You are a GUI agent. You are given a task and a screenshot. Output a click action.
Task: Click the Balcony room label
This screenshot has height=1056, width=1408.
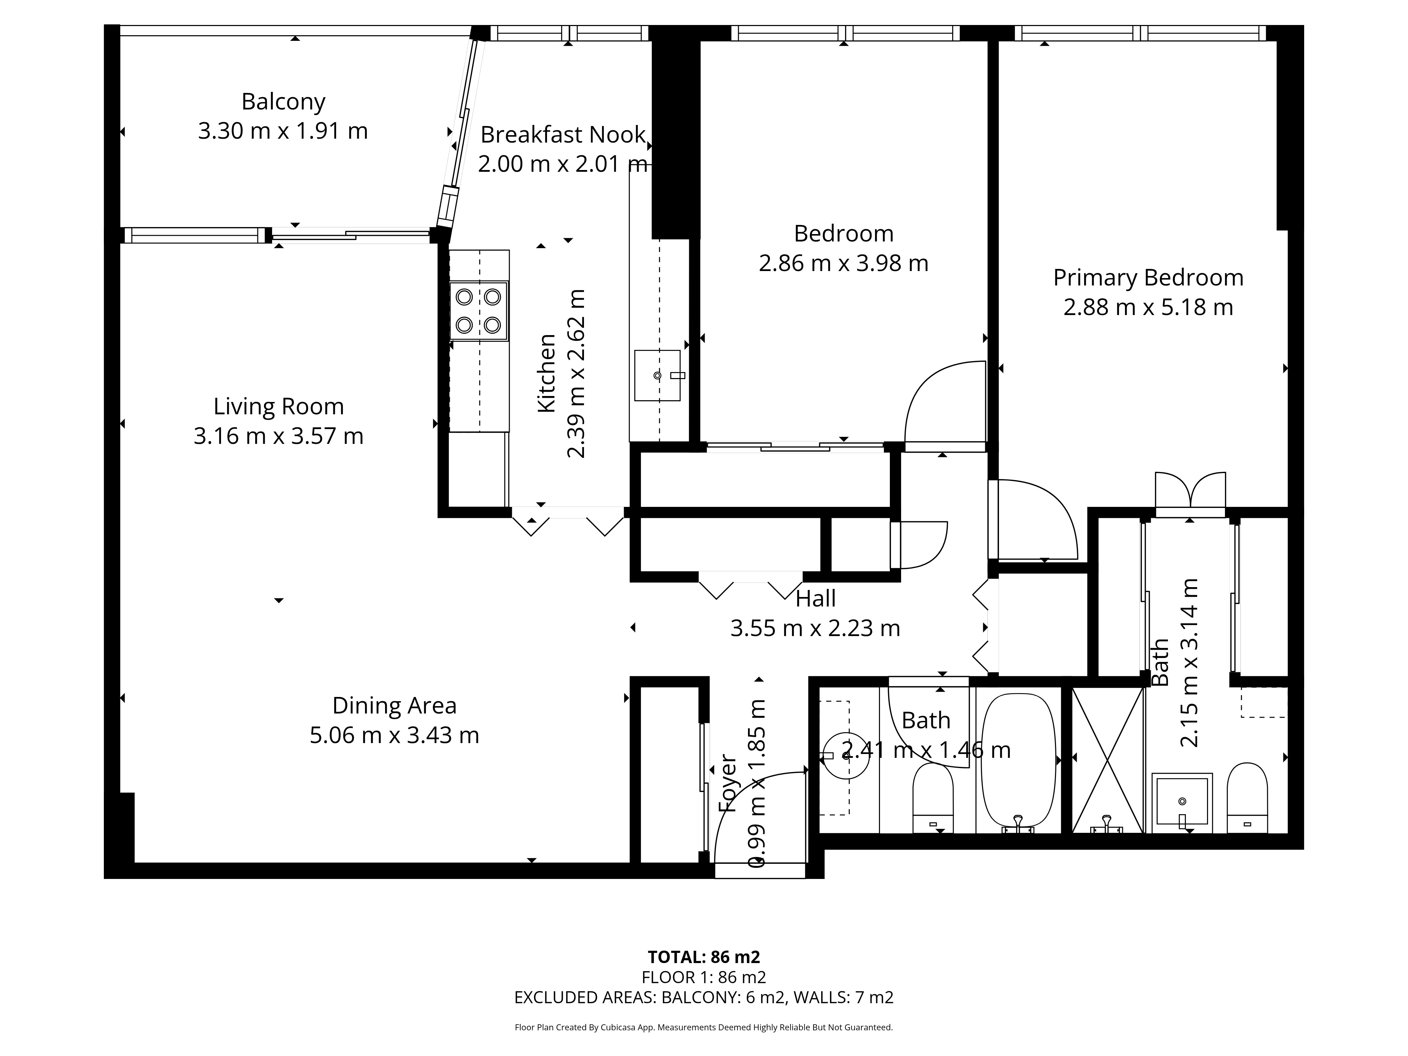[x=283, y=102]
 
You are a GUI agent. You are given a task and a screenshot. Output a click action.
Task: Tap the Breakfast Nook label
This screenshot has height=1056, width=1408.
[x=563, y=135]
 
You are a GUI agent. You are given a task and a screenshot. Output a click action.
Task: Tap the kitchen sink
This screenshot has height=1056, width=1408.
[x=658, y=376]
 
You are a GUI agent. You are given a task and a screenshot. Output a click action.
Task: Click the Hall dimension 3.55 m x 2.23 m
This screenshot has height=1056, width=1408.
[x=815, y=628]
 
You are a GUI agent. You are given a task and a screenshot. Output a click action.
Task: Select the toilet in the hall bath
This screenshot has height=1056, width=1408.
[x=933, y=798]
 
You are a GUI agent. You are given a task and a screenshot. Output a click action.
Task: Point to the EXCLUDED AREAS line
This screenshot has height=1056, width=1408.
[x=704, y=998]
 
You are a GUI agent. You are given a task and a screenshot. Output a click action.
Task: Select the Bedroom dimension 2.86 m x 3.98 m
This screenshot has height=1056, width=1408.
[x=843, y=263]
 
